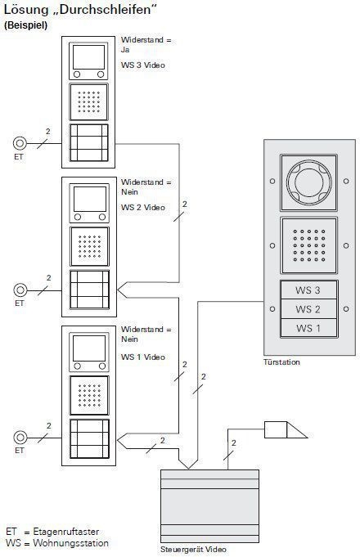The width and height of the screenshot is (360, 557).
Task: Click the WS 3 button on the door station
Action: pyautogui.click(x=308, y=290)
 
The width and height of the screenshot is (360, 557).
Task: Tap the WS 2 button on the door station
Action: pyautogui.click(x=308, y=309)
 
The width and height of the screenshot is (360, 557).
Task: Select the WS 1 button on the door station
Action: pyautogui.click(x=308, y=328)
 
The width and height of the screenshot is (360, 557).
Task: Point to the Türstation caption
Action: pyautogui.click(x=281, y=362)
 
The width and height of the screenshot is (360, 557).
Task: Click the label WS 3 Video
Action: pyautogui.click(x=143, y=65)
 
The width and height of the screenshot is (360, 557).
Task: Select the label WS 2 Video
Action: pyautogui.click(x=143, y=208)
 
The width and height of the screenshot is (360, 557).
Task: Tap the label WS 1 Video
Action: pyautogui.click(x=143, y=357)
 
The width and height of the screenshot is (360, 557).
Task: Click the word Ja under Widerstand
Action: pyautogui.click(x=125, y=50)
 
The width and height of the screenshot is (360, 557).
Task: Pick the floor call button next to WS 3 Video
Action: pyautogui.click(x=20, y=143)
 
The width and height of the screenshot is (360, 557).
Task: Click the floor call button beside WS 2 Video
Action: pyautogui.click(x=20, y=290)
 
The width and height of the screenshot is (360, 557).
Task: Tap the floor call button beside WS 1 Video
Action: pyautogui.click(x=20, y=438)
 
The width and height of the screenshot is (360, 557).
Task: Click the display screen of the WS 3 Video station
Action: pyautogui.click(x=89, y=56)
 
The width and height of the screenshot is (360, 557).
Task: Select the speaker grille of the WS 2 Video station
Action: pyautogui.click(x=89, y=246)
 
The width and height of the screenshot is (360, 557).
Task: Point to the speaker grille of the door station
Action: pyautogui.click(x=308, y=245)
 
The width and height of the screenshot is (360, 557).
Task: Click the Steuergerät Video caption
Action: pyautogui.click(x=193, y=549)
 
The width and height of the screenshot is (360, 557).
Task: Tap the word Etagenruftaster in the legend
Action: pyautogui.click(x=66, y=532)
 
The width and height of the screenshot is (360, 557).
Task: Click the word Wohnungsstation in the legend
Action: pyautogui.click(x=70, y=543)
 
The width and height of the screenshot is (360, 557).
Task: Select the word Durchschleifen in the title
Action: pyautogui.click(x=106, y=10)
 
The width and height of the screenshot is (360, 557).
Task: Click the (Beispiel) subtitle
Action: pyautogui.click(x=25, y=25)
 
